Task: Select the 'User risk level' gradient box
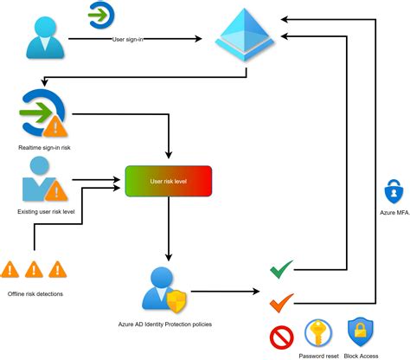point(169,181)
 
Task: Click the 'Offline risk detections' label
point(35,293)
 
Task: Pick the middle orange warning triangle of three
point(35,268)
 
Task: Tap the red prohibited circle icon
point(281,336)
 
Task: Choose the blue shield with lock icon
point(359,332)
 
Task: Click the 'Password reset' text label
point(317,355)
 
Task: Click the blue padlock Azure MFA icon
point(393,190)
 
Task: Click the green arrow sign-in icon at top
point(102,15)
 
